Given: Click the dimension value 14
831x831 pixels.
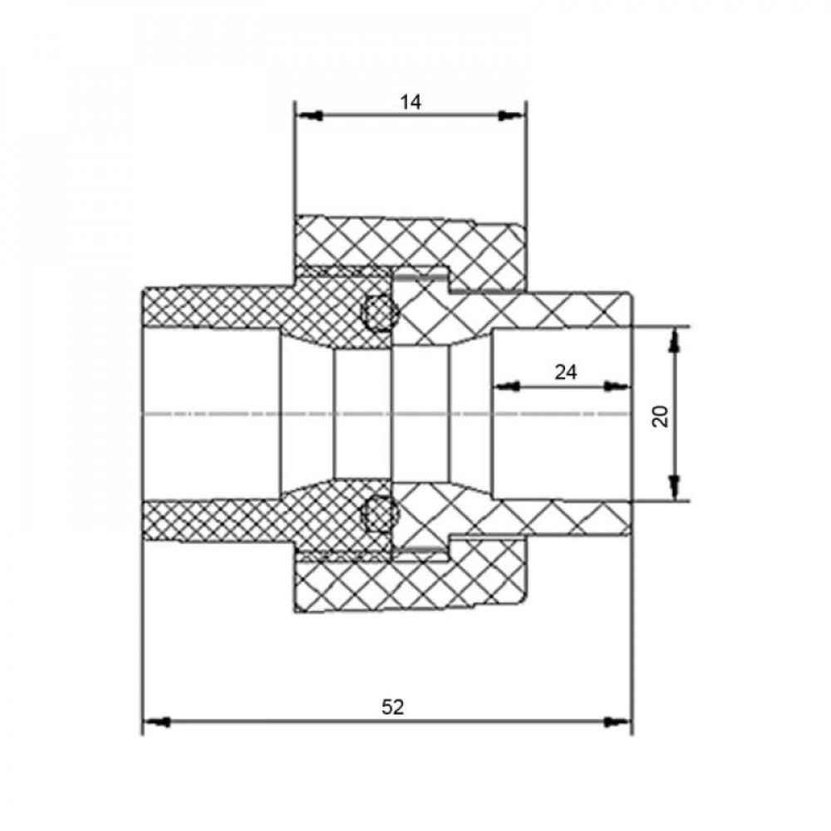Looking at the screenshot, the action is (x=411, y=101).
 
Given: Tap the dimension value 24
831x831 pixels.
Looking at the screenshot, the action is (x=565, y=372).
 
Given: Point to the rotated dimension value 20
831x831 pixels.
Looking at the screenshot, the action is (x=661, y=415).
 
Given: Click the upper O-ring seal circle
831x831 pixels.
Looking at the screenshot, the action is (x=376, y=312).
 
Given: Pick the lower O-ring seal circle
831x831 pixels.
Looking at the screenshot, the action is (x=376, y=514).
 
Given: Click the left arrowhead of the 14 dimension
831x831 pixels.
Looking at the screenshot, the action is (x=309, y=116).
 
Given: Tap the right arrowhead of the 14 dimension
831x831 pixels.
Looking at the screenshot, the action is (x=512, y=116).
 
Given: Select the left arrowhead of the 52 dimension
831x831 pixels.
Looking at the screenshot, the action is (x=157, y=722).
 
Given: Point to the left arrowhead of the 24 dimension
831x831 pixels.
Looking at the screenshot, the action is (x=507, y=386).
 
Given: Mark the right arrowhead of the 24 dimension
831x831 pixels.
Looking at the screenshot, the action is (x=617, y=386).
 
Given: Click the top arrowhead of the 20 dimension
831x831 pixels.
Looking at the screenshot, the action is (x=674, y=340).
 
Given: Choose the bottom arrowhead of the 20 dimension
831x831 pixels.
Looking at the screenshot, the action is (x=674, y=487).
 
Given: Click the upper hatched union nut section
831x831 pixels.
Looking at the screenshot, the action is (x=411, y=251).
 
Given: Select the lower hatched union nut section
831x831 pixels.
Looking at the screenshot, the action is (x=411, y=574).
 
